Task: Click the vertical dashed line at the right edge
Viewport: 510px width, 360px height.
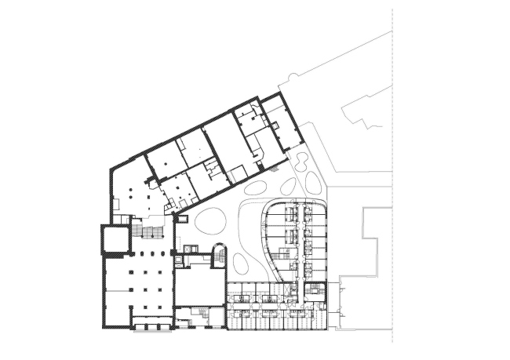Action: pos(392,180)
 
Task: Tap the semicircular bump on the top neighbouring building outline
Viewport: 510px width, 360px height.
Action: pos(293,76)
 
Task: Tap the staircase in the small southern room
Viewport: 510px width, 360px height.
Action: pos(202,315)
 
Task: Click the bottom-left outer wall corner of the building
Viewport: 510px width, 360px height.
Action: pos(104,325)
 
